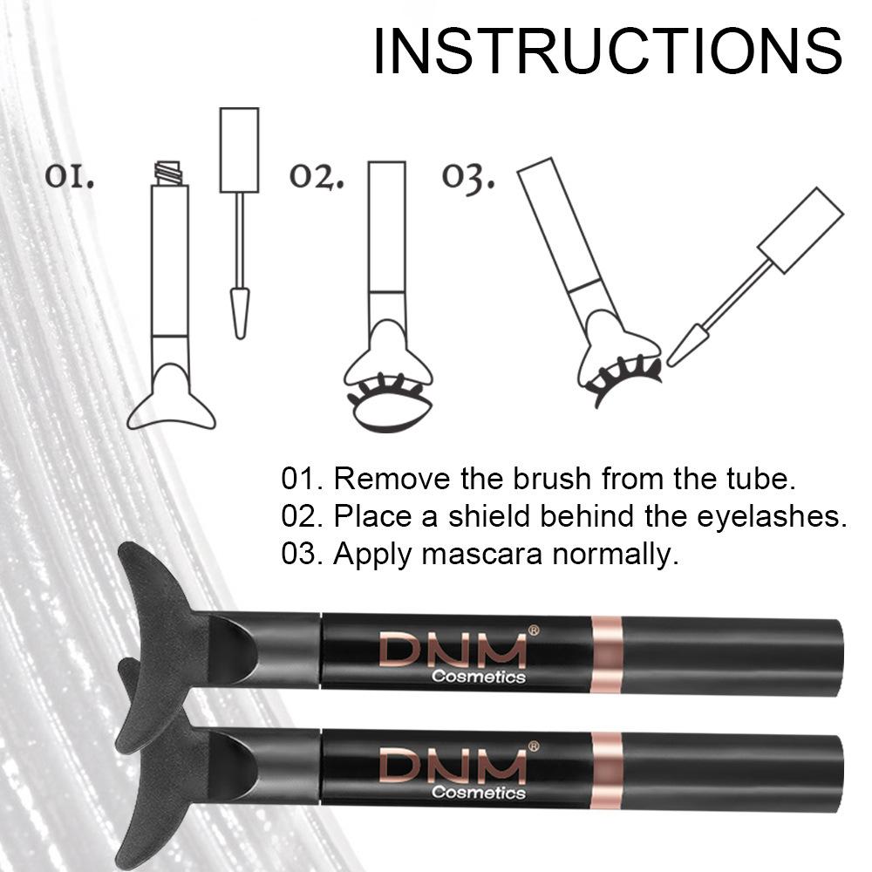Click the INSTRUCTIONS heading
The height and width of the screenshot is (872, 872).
click(608, 51)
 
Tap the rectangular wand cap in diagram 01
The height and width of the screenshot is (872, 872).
click(239, 149)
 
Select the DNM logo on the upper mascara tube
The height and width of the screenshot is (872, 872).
click(452, 651)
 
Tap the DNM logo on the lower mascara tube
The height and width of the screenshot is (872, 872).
click(452, 766)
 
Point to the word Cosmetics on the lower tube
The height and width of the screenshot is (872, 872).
click(479, 793)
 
